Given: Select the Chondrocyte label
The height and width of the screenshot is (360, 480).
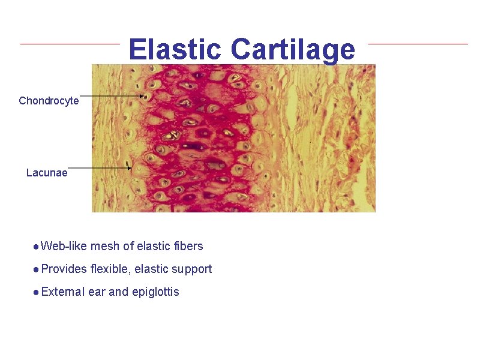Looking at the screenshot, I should coord(49,101).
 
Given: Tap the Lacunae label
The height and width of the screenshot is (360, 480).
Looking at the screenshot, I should coord(47,173).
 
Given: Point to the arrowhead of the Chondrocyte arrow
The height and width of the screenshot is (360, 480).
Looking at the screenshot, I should coord(143,96).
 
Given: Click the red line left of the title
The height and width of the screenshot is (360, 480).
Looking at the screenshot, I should coord(70,43).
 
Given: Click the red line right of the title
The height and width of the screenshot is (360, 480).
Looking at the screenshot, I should coord(418,43).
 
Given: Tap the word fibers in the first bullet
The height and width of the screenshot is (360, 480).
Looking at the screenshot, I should coord(187,246).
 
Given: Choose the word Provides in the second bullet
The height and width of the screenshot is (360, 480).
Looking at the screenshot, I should coord(64,269).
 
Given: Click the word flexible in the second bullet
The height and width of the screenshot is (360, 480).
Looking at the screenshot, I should coord(110,269).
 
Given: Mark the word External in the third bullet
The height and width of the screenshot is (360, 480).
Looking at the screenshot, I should coord(63,292).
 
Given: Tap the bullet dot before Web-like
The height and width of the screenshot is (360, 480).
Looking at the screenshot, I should coord(37,247).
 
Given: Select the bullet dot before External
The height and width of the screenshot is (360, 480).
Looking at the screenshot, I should coord(37,293).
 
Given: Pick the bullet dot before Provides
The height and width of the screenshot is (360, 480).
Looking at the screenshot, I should coord(37,269).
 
